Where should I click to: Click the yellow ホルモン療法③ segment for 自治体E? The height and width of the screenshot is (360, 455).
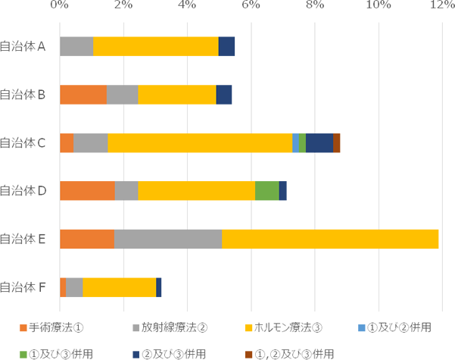click(x=330, y=239)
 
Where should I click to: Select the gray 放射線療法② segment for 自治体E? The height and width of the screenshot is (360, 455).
click(x=168, y=239)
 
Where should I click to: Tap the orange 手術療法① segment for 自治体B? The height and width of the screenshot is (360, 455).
click(x=83, y=95)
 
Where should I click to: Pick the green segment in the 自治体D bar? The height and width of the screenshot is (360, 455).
click(x=266, y=191)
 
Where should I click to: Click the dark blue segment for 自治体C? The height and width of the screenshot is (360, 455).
click(x=319, y=142)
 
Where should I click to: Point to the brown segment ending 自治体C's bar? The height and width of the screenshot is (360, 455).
click(x=336, y=142)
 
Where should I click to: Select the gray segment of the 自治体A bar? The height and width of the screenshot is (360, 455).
click(x=76, y=46)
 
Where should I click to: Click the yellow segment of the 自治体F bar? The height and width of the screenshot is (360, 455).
click(x=120, y=287)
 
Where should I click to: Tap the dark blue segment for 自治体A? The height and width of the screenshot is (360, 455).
click(x=226, y=46)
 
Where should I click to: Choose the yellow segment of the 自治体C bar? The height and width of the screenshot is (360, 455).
click(x=200, y=142)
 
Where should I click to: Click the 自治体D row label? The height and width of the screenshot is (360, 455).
click(x=23, y=191)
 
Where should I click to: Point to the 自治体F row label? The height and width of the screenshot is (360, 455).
click(x=23, y=287)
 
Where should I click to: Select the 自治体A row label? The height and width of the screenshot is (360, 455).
click(x=23, y=46)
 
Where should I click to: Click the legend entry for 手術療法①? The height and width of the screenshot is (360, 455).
click(x=51, y=327)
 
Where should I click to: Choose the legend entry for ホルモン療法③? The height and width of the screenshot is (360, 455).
click(x=284, y=327)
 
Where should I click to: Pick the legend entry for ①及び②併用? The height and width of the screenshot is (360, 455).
click(x=394, y=327)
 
